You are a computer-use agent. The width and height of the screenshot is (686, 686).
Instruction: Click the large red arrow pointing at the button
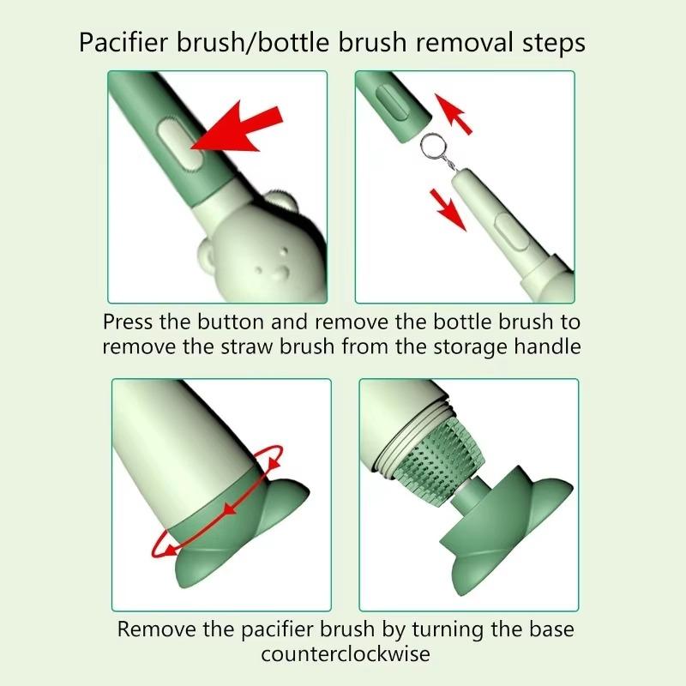(x=238, y=129)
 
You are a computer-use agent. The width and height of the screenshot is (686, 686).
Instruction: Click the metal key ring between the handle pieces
(x=433, y=147)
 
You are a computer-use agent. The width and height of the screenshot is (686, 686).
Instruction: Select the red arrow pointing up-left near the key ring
(x=453, y=113)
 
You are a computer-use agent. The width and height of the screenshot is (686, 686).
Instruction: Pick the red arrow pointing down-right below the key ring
(x=448, y=209)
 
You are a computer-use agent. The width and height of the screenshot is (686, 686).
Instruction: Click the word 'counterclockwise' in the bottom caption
(x=346, y=654)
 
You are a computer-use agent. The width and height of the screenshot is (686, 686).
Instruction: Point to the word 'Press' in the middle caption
(x=128, y=322)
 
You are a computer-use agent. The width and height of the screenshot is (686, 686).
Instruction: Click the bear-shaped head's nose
(x=280, y=274)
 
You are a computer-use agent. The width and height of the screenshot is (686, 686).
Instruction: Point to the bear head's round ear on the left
(x=208, y=256)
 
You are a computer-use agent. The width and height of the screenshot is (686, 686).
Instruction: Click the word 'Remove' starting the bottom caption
(x=157, y=629)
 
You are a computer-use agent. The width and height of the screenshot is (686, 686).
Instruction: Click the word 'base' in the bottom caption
(x=551, y=629)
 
